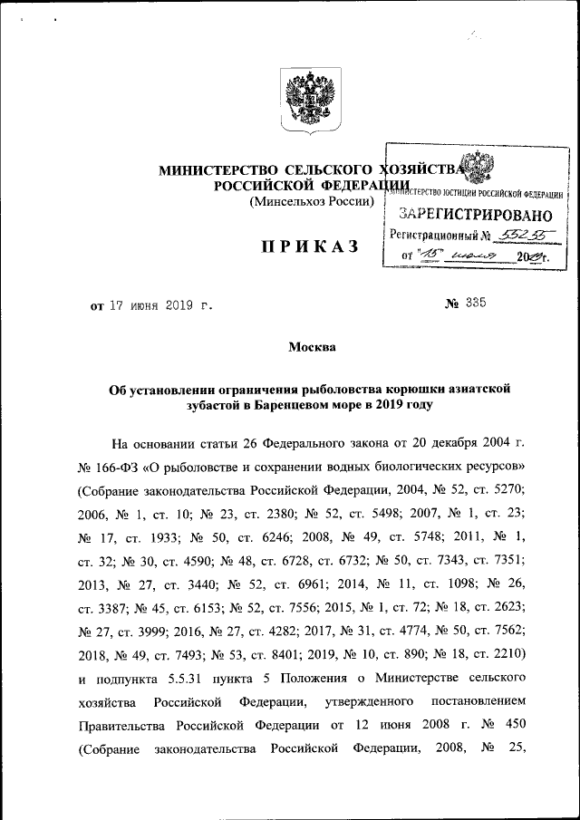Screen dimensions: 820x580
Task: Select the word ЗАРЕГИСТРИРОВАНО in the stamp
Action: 475,216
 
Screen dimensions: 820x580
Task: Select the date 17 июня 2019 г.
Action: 161,305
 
